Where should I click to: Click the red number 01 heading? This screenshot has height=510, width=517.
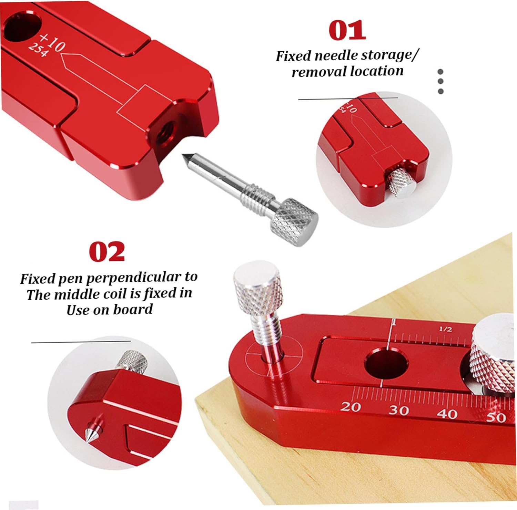[x=347, y=30]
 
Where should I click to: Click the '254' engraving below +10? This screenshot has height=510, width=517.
[x=38, y=50]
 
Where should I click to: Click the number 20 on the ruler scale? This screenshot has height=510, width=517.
[x=351, y=407]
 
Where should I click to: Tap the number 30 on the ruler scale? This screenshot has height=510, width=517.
[x=399, y=410]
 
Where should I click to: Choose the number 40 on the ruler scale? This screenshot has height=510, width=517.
[x=447, y=413]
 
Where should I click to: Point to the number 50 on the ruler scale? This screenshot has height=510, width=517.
[x=496, y=417]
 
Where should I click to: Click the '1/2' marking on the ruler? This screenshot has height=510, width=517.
[x=445, y=329]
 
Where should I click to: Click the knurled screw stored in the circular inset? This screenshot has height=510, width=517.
[x=402, y=183]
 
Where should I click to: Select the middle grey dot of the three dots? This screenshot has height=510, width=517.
[x=440, y=82]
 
